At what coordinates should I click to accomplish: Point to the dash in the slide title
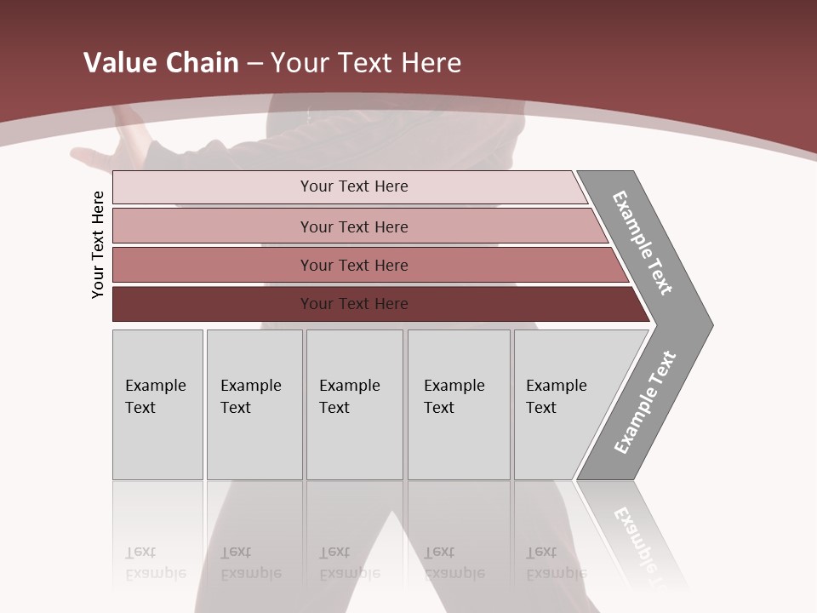tap(254, 64)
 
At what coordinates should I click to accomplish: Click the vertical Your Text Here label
tap(98, 245)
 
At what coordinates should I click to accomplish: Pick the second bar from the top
tap(353, 226)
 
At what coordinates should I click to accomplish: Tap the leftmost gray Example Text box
tap(157, 404)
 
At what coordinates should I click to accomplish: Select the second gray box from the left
tap(254, 404)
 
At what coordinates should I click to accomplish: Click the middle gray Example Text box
tap(354, 404)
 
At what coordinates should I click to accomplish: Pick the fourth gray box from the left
tap(459, 404)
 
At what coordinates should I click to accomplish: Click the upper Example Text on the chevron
tap(643, 243)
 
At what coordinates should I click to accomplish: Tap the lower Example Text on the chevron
tap(645, 402)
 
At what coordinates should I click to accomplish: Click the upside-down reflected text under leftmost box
tap(155, 563)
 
